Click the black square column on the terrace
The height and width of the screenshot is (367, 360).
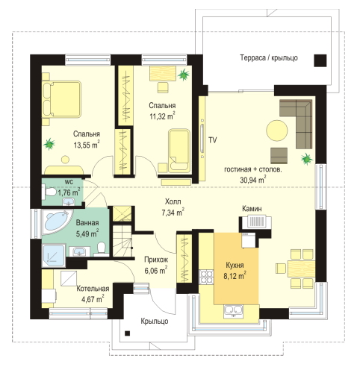pyautogui.click(x=320, y=60)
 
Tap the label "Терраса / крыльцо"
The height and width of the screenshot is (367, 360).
pyautogui.click(x=269, y=57)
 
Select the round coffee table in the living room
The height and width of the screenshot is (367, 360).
pyautogui.click(x=277, y=131)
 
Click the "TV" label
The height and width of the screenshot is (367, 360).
pyautogui.click(x=212, y=140)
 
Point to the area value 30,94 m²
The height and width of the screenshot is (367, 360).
pyautogui.click(x=252, y=180)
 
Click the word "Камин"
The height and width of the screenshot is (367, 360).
pyautogui.click(x=252, y=209)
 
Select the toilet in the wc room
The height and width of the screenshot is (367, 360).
pyautogui.click(x=50, y=192)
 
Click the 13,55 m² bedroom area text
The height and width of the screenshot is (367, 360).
pyautogui.click(x=87, y=145)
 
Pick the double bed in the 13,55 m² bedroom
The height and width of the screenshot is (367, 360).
pyautogui.click(x=62, y=98)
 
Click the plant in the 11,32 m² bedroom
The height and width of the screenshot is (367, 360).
pyautogui.click(x=184, y=75)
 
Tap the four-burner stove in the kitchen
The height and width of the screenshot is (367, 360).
pyautogui.click(x=206, y=277)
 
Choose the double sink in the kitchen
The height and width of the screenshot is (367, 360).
pyautogui.click(x=233, y=311)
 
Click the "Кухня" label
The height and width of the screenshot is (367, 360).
pyautogui.click(x=235, y=266)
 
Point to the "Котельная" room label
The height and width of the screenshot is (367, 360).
pyautogui.click(x=93, y=289)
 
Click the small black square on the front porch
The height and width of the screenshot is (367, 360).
pyautogui.click(x=127, y=333)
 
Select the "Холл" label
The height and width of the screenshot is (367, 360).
pyautogui.click(x=173, y=201)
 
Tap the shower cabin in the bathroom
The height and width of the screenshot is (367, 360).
pyautogui.click(x=54, y=256)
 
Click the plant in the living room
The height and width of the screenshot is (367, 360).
pyautogui.click(x=306, y=159)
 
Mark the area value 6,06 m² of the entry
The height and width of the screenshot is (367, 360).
pyautogui.click(x=156, y=271)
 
